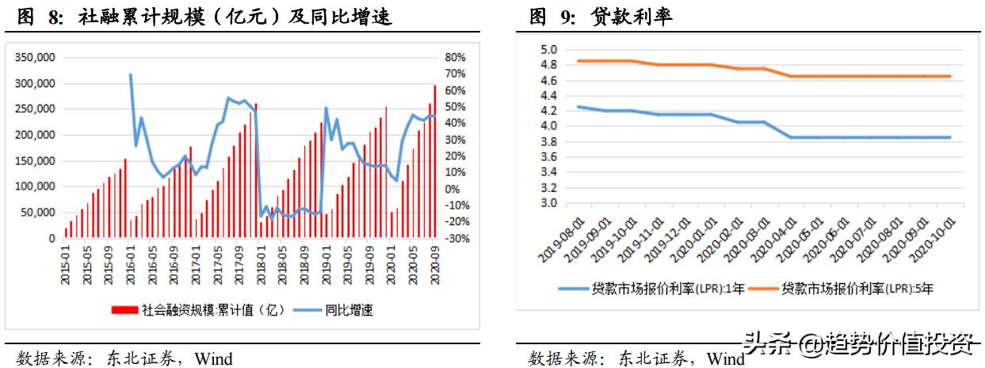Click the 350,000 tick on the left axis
(34, 58)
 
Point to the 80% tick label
(455, 58)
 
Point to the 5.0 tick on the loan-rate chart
(549, 50)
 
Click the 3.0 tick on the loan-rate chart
(549, 203)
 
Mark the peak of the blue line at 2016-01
(131, 75)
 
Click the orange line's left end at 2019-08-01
(578, 61)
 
